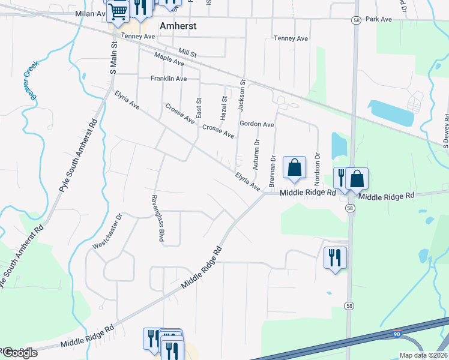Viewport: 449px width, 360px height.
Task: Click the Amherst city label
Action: [x=179, y=26]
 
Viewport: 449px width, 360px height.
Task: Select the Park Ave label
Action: [x=379, y=19]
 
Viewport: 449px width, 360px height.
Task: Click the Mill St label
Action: [x=187, y=53]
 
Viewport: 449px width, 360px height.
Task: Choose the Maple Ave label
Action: [x=169, y=59]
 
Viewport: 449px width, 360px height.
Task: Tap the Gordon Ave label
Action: [x=257, y=124]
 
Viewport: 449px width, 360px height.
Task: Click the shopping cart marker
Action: [x=118, y=10]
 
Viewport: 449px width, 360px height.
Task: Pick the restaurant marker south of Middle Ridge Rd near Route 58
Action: [x=335, y=257]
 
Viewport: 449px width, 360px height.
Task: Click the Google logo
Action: [x=19, y=353]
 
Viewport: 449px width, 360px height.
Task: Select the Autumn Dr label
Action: [x=256, y=153]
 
